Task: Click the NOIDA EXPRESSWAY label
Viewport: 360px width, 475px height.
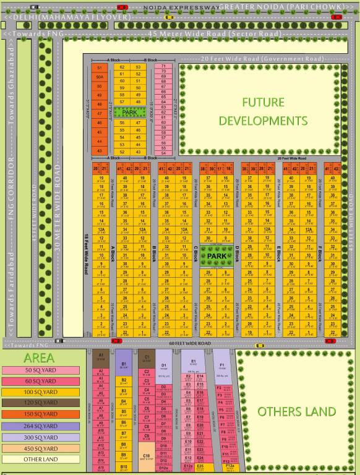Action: tap(180, 7)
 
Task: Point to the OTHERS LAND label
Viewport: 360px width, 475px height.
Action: tap(297, 411)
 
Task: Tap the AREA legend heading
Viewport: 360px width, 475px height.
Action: tap(38, 358)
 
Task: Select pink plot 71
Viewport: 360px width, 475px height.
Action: tap(163, 66)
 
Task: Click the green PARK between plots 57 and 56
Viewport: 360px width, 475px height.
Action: tap(129, 113)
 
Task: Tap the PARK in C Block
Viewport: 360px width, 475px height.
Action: tap(217, 255)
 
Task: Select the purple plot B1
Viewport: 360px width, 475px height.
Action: tap(124, 366)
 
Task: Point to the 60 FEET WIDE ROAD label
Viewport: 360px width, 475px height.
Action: tap(190, 343)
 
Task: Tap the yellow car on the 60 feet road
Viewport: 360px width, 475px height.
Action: tap(260, 345)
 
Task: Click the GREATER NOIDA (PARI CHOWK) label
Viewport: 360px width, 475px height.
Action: tap(289, 7)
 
